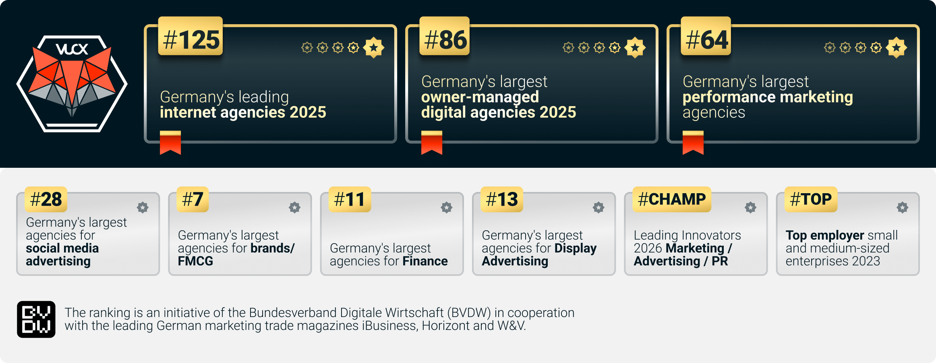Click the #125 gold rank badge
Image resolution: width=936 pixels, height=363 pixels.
pos(191,36)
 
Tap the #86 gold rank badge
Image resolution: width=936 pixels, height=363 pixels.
pos(445,36)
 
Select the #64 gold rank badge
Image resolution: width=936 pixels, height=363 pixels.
pos(706,36)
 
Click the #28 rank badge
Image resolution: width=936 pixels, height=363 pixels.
pos(46,199)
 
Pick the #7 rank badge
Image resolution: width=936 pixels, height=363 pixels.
pos(193,199)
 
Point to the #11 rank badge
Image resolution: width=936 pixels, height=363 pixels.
pos(350,199)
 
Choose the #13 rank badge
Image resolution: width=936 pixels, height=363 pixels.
pos(502,199)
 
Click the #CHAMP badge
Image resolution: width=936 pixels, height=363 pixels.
pos(672,199)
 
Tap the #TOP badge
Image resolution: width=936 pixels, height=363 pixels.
pos(811,199)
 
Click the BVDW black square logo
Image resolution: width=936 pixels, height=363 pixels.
pos(36,319)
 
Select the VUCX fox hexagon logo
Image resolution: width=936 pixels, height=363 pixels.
pos(72,84)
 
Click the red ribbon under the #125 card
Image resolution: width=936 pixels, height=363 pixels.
pos(170,143)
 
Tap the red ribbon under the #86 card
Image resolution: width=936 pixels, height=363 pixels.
pos(432,143)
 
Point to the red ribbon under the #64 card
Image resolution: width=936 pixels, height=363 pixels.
pos(693,143)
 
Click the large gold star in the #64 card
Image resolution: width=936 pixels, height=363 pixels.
pos(897,48)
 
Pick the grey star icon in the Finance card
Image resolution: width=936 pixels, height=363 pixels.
pos(447,208)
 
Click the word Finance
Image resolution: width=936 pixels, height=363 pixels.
pos(425,261)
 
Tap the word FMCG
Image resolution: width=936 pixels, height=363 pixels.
pos(195,261)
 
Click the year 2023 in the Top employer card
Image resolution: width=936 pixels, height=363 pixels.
pos(866,261)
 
